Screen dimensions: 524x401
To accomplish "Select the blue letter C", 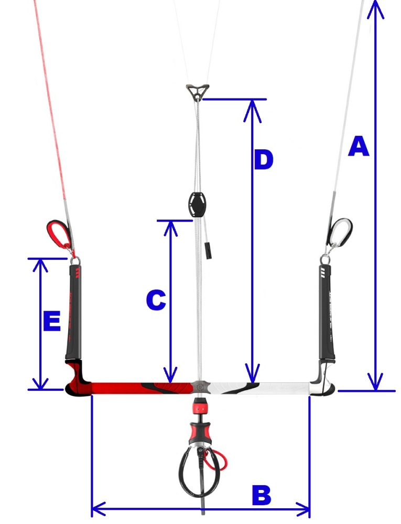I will [156, 300].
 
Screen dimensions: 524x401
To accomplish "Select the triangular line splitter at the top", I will [198, 92].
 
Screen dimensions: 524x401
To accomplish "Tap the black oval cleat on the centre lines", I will [198, 204].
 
